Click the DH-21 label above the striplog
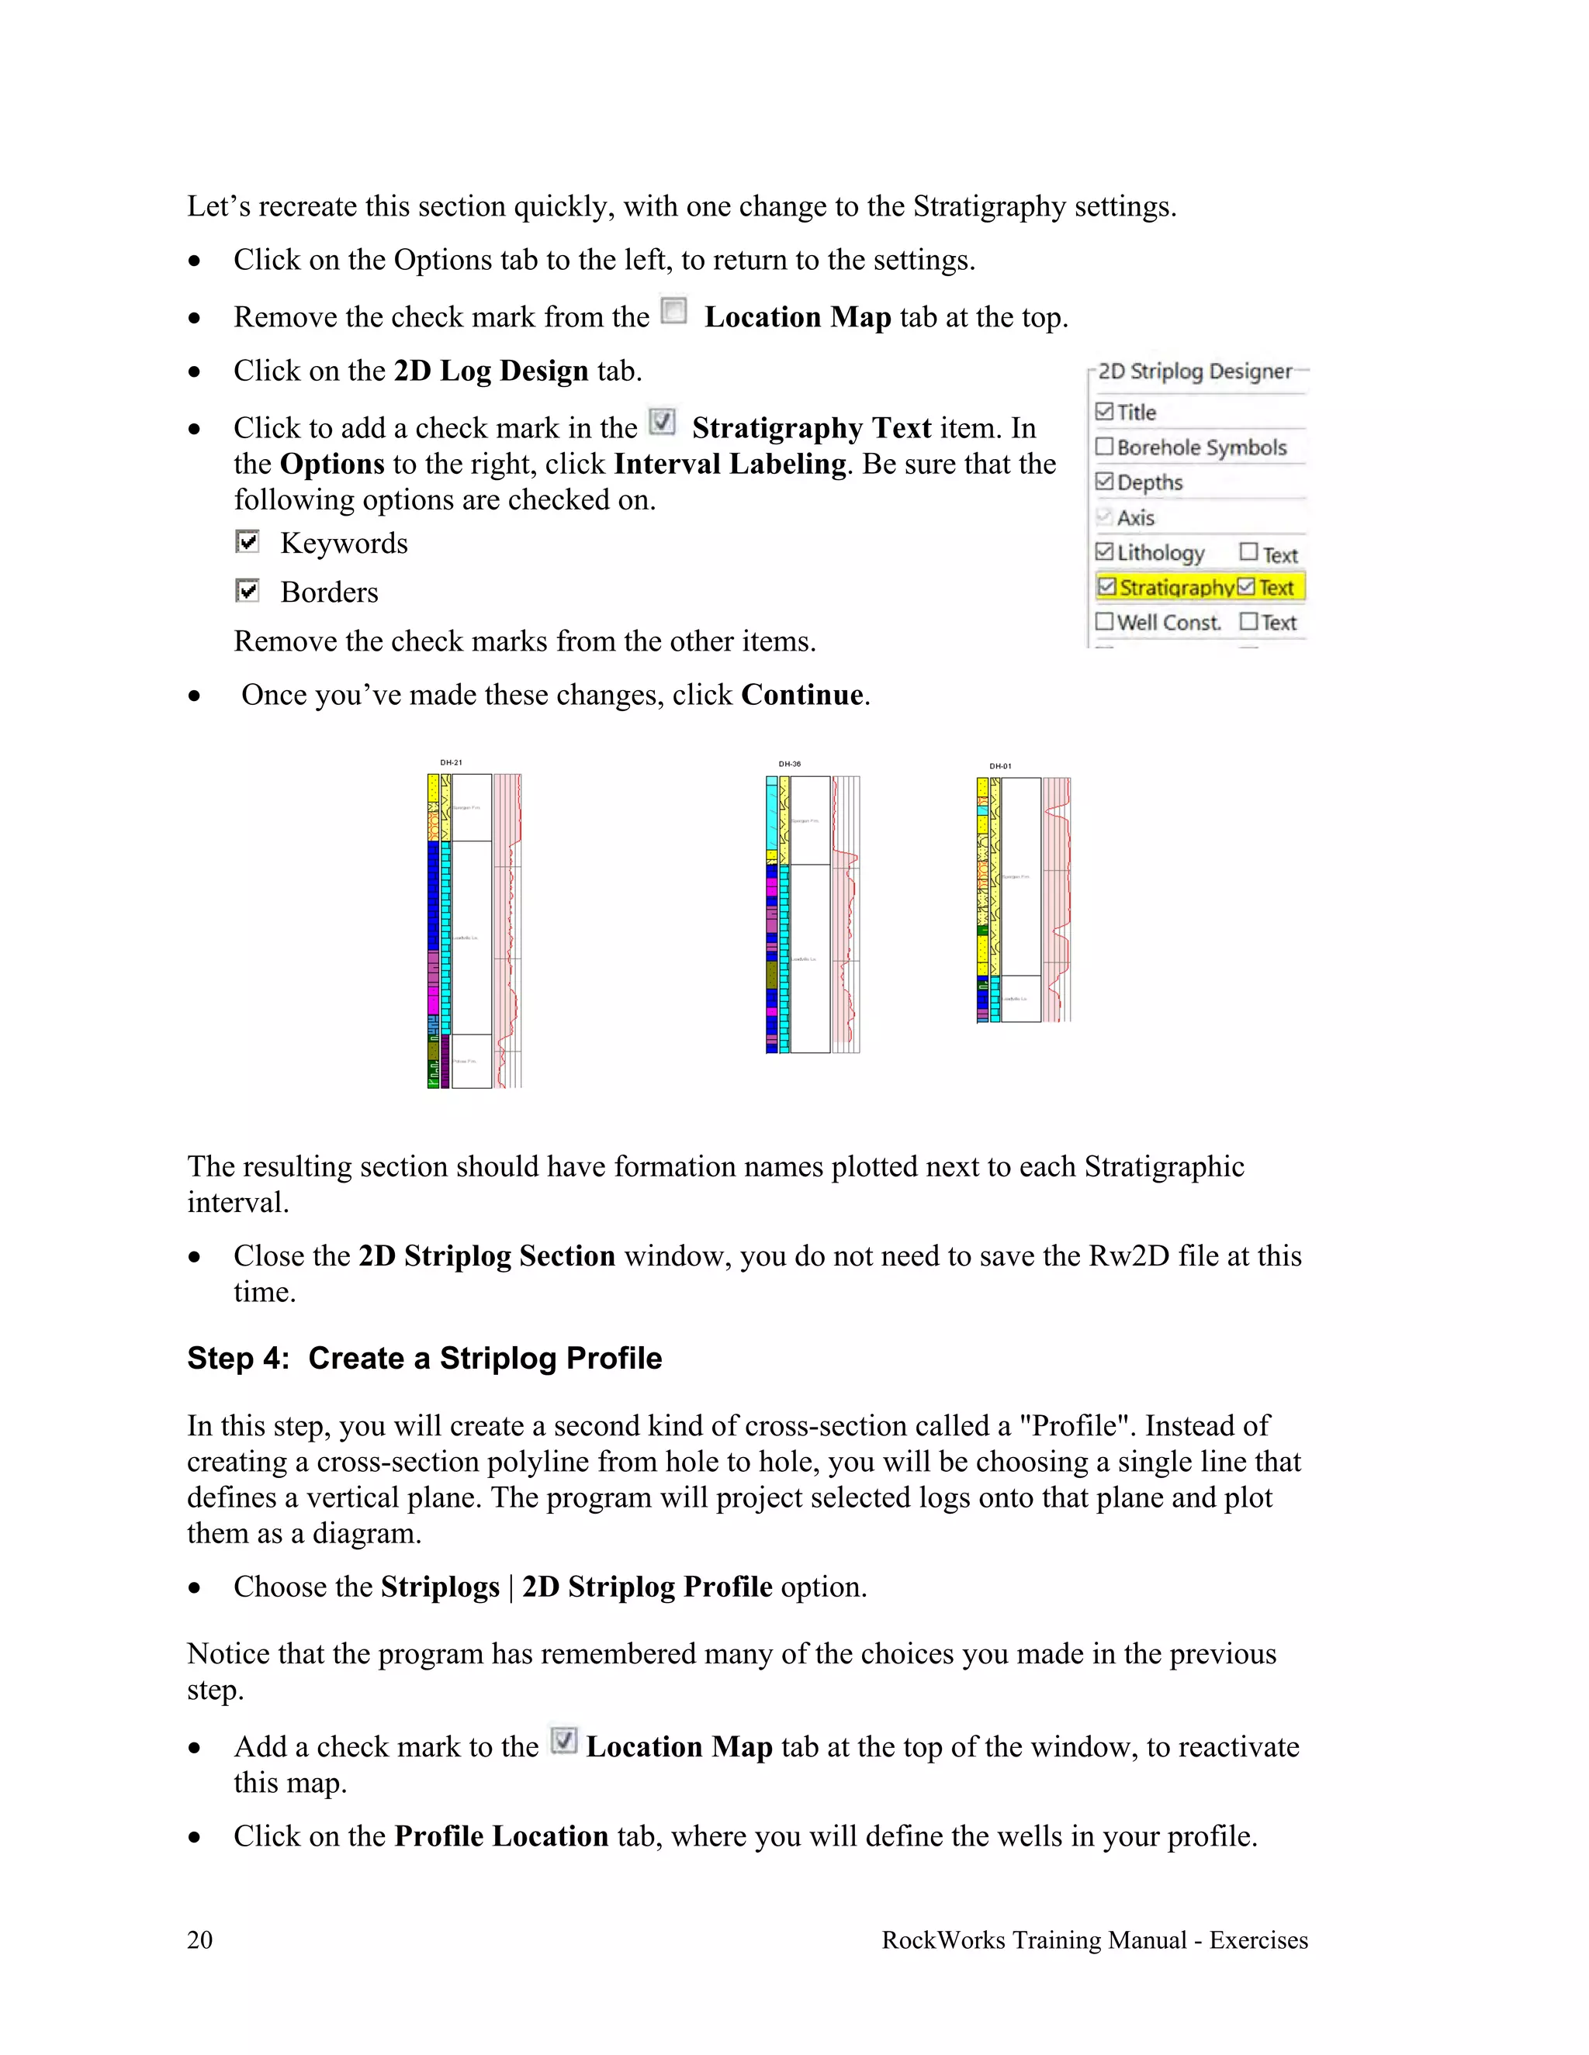click(451, 762)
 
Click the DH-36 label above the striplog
click(789, 764)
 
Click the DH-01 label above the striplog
click(999, 766)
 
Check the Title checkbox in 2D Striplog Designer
click(1105, 412)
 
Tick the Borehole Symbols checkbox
click(1105, 447)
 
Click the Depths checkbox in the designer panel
click(1105, 482)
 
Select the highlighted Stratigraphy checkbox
click(1107, 586)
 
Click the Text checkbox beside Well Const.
click(1248, 621)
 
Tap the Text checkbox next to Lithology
click(1248, 551)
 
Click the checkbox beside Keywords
click(248, 542)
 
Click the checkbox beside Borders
click(248, 591)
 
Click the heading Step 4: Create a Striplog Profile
click(424, 1358)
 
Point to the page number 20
click(199, 1939)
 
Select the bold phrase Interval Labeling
click(729, 464)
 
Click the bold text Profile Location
click(500, 1836)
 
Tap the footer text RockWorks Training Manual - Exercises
click(1094, 1939)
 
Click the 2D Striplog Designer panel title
click(1195, 371)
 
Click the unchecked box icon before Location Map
click(674, 312)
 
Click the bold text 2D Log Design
click(490, 371)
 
